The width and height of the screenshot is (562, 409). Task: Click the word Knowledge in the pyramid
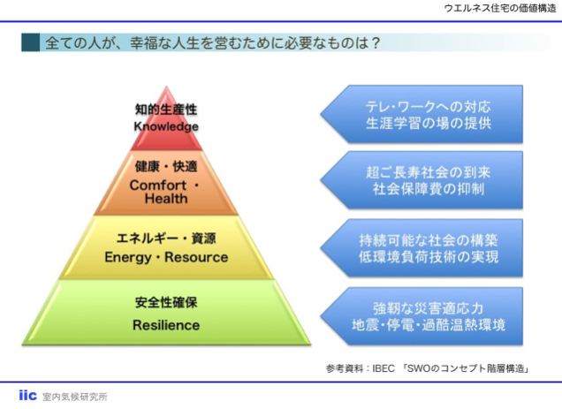[166, 126]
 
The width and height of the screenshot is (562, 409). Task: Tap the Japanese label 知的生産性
[166, 110]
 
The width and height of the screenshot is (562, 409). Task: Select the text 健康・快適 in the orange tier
[166, 166]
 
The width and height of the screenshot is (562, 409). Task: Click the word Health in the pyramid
[166, 199]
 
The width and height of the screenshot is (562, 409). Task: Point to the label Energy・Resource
[166, 257]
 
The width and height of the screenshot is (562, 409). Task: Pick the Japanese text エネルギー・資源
[166, 239]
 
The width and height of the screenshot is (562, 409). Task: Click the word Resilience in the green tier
[166, 324]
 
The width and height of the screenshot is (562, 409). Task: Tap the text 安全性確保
[166, 303]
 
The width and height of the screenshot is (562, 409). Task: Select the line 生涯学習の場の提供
[429, 124]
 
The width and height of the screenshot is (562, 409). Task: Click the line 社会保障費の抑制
[429, 189]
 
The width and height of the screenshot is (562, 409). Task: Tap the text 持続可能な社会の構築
[429, 239]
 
